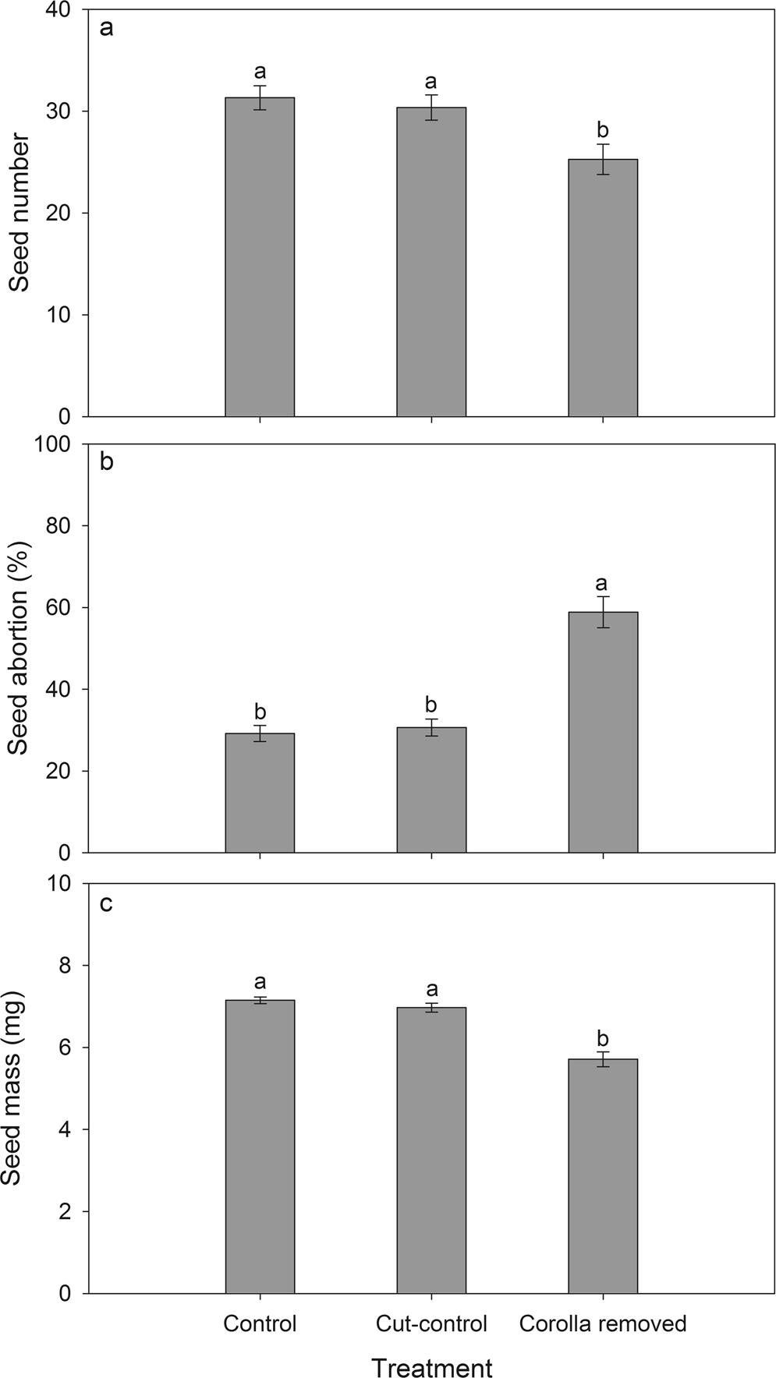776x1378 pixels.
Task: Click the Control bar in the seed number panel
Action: (x=260, y=257)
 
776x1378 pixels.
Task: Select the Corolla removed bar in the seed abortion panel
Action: (x=603, y=733)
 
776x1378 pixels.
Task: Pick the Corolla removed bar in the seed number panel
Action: (x=603, y=288)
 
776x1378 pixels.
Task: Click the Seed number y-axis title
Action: (x=19, y=213)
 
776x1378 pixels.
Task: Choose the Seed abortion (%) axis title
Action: (x=19, y=648)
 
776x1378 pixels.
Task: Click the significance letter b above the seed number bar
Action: (x=603, y=129)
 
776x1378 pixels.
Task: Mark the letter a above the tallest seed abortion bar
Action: (x=601, y=584)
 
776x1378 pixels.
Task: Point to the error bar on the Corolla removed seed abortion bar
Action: (x=603, y=612)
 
